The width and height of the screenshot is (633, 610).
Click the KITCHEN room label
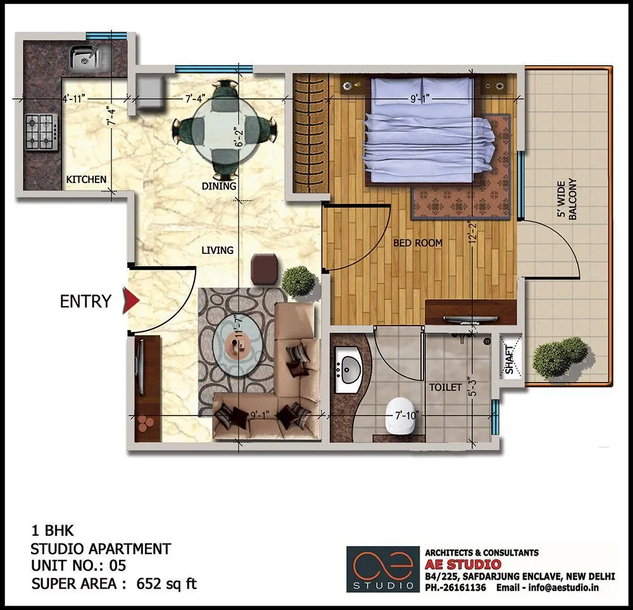87,180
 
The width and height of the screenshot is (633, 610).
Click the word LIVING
217,250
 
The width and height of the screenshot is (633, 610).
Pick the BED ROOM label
418,243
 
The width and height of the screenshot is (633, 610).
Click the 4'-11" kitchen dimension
73,98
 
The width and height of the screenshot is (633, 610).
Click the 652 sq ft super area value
166,583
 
